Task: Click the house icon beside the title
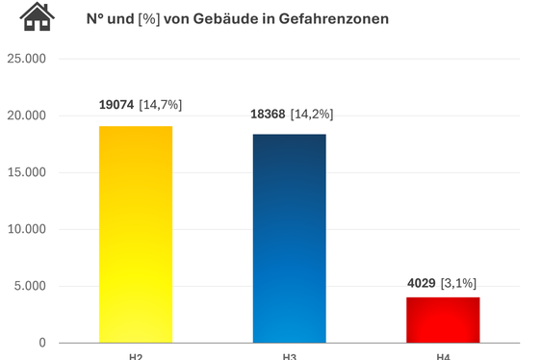pyautogui.click(x=38, y=16)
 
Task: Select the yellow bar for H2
pyautogui.click(x=136, y=234)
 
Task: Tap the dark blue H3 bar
pyautogui.click(x=289, y=238)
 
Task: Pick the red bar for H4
pyautogui.click(x=443, y=320)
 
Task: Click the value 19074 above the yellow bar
pyautogui.click(x=116, y=104)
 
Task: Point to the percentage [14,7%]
pyautogui.click(x=161, y=104)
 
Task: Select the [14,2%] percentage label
pyautogui.click(x=314, y=114)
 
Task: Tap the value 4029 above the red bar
pyautogui.click(x=422, y=283)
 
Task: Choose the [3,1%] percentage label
pyautogui.click(x=458, y=283)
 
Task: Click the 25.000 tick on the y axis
pyautogui.click(x=26, y=59)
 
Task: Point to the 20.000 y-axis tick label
pyautogui.click(x=26, y=116)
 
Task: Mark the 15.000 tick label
pyautogui.click(x=26, y=172)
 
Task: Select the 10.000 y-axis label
pyautogui.click(x=26, y=229)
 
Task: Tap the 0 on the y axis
pyautogui.click(x=41, y=343)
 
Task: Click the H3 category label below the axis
pyautogui.click(x=289, y=356)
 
